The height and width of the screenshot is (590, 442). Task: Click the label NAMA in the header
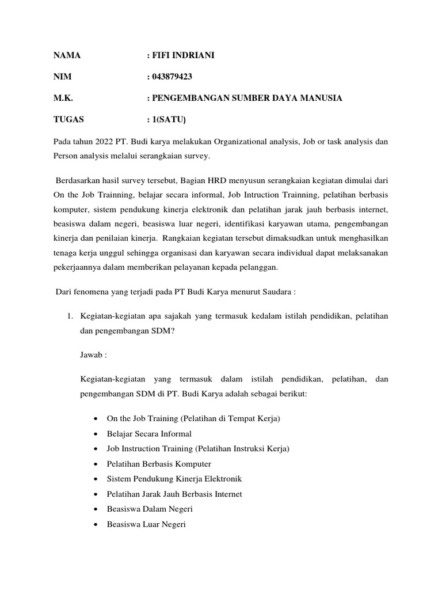tap(67, 55)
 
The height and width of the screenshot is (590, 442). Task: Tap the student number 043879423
tap(172, 77)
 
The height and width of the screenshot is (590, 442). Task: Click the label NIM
tap(63, 77)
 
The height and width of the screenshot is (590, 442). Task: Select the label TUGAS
tap(68, 119)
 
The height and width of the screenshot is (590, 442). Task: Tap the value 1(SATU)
tap(169, 119)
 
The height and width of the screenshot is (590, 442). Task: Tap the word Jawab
tap(91, 355)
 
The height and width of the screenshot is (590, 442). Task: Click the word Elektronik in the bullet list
tap(221, 478)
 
